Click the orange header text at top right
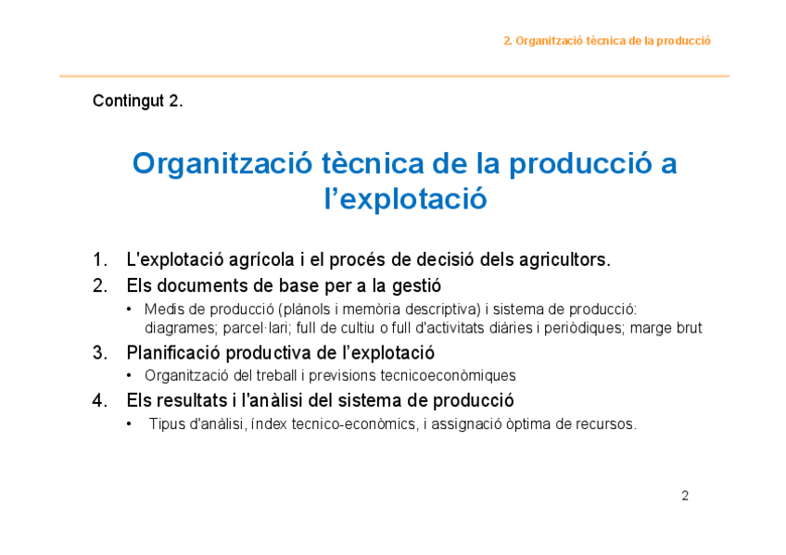606,41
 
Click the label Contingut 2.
137,101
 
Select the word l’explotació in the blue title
405,199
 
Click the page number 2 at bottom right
685,496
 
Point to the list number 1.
99,259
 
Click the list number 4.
99,400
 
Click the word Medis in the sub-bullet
162,309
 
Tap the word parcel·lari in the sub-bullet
256,328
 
